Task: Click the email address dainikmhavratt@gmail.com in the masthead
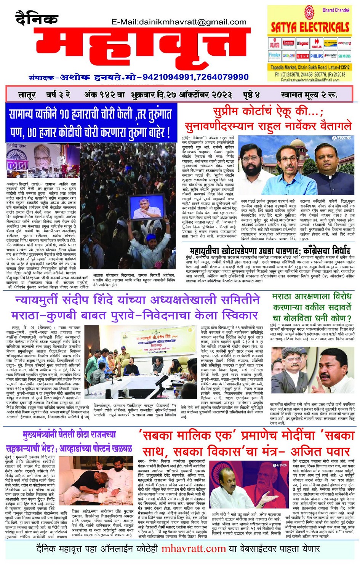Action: [179, 22]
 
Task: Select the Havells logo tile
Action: [317, 44]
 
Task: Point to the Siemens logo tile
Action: [344, 56]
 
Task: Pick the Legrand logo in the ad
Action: [303, 44]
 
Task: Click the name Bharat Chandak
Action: [336, 10]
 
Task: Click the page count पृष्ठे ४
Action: [251, 94]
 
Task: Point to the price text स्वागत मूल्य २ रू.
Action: [309, 94]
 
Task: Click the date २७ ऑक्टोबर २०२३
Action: [195, 94]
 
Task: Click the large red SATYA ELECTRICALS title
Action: [310, 27]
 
